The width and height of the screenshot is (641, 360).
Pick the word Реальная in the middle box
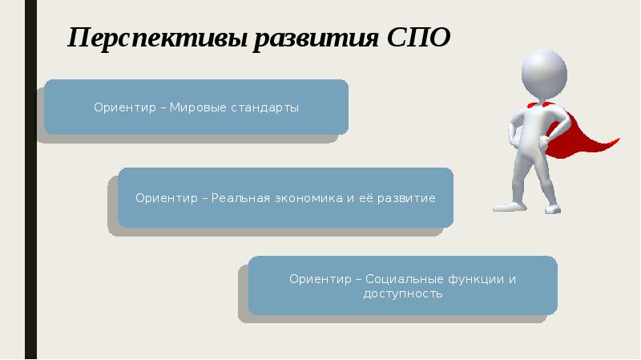pyautogui.click(x=239, y=198)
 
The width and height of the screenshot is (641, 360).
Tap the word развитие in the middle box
pyautogui.click(x=405, y=198)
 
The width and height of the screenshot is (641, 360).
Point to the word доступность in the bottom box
pyautogui.click(x=402, y=294)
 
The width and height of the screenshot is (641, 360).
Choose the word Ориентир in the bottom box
pyautogui.click(x=320, y=279)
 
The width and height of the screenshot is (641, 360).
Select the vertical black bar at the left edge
pyautogui.click(x=30, y=180)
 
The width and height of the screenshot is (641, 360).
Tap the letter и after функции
pyautogui.click(x=512, y=279)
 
